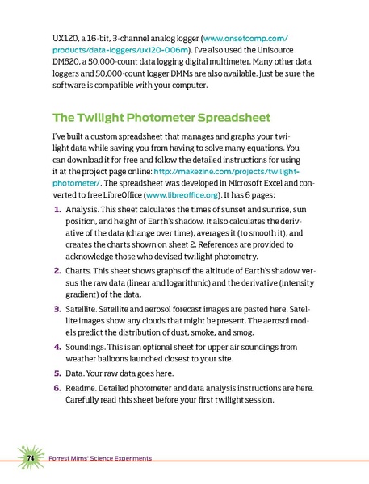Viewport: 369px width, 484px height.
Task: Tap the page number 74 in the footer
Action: pyautogui.click(x=28, y=458)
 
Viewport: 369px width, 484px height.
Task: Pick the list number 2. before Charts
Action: pyautogui.click(x=57, y=283)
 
